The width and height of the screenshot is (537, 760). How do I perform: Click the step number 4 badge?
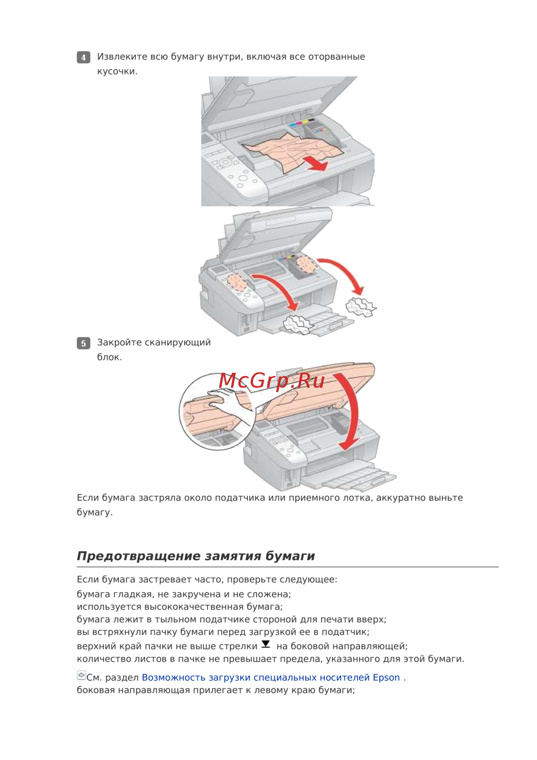click(83, 57)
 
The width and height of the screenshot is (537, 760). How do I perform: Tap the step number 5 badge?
click(83, 343)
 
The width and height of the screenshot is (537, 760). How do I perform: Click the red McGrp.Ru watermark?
click(272, 381)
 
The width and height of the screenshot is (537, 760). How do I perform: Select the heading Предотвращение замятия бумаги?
click(195, 556)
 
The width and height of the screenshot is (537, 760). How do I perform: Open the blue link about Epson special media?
click(271, 678)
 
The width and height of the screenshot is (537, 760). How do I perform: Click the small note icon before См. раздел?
click(81, 676)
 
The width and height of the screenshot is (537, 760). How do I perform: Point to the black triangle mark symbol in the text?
click(266, 645)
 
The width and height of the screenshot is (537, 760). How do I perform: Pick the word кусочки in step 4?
click(117, 71)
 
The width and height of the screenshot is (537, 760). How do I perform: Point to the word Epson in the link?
click(386, 678)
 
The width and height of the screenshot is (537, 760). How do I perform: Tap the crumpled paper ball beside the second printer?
click(360, 307)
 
